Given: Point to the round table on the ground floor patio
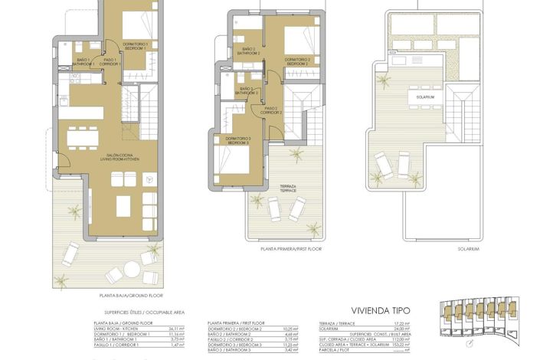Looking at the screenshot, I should tap(132, 270).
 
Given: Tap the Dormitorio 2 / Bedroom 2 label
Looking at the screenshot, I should tap(296, 61).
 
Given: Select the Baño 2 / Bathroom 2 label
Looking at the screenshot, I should tap(247, 52).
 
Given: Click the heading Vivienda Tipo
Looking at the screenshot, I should tap(380, 311).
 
